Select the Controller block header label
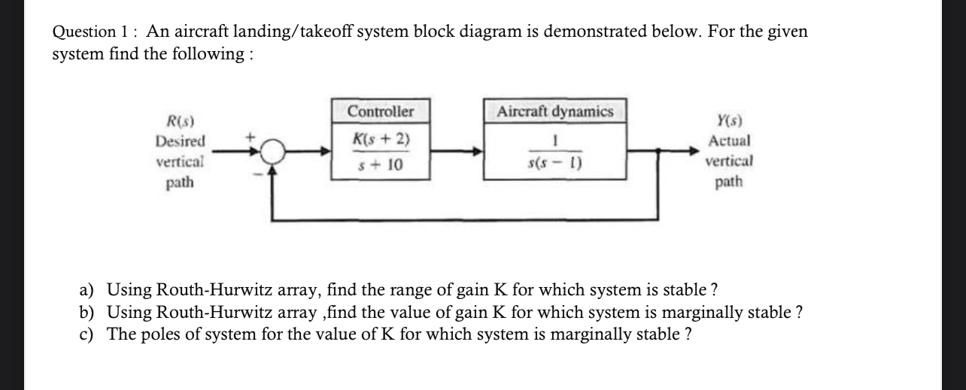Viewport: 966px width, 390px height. point(381,112)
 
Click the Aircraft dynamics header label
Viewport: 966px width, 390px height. point(555,112)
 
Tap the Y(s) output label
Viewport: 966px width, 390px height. point(728,121)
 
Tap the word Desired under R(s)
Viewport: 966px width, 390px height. point(180,141)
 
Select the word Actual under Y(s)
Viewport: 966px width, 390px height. point(728,141)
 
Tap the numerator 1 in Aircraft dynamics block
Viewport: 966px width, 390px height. point(555,141)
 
